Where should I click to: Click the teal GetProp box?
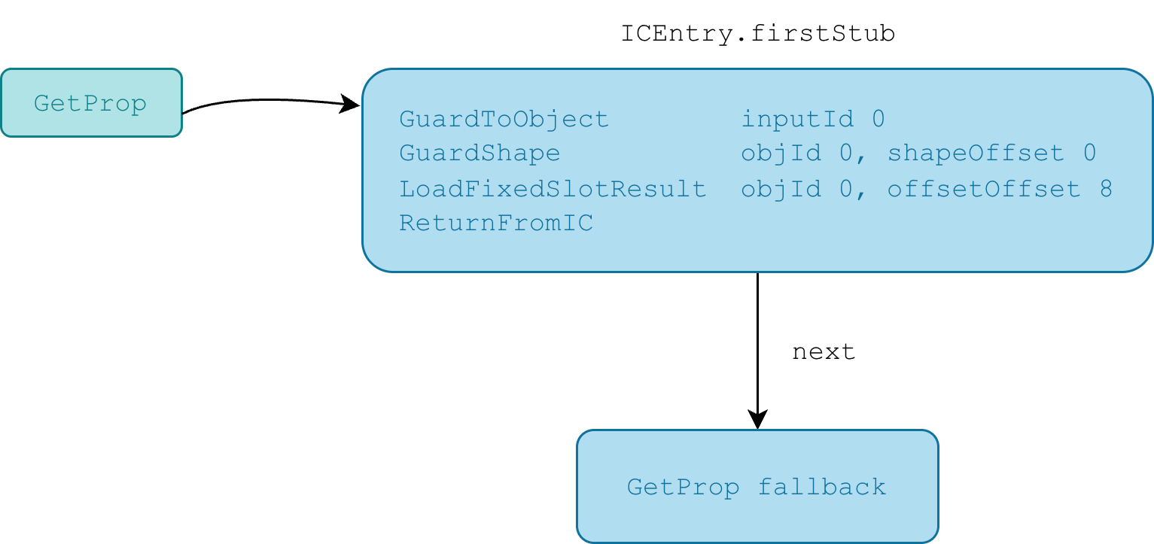tap(92, 103)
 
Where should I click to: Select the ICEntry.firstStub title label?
tap(758, 34)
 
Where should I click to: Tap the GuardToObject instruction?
tap(504, 120)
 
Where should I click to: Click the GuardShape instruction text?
tap(480, 153)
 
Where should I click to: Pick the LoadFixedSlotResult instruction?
tap(553, 189)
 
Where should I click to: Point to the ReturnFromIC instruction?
tap(496, 223)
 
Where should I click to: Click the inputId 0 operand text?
tap(813, 120)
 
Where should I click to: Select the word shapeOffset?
tap(976, 153)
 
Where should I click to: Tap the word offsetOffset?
tap(984, 189)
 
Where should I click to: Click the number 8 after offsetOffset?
tap(1106, 189)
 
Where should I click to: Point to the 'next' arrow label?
tap(824, 352)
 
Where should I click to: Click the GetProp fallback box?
tap(757, 486)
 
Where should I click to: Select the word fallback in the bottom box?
tap(822, 487)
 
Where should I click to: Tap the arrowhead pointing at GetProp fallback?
tap(757, 419)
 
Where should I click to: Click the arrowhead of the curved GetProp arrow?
tap(349, 104)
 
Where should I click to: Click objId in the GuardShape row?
tap(781, 153)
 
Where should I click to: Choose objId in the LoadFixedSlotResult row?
tap(781, 189)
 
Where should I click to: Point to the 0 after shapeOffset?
tap(1089, 153)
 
